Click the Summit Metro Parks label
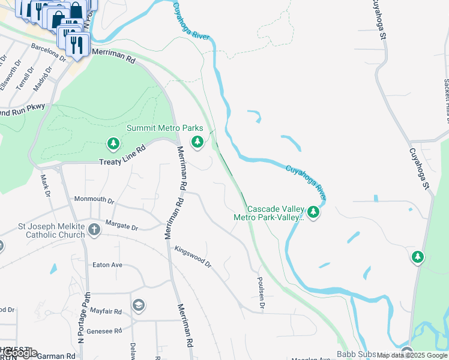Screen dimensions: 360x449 pyautogui.click(x=164, y=128)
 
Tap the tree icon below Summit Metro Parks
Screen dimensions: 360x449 pyautogui.click(x=197, y=142)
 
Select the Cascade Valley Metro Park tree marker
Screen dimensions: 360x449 pyautogui.click(x=313, y=212)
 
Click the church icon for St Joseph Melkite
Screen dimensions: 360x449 pyautogui.click(x=94, y=230)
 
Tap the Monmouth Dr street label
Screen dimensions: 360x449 pyautogui.click(x=94, y=199)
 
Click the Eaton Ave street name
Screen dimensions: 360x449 pyautogui.click(x=107, y=265)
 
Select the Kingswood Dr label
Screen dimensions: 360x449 pyautogui.click(x=193, y=256)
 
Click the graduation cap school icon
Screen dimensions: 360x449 pyautogui.click(x=139, y=305)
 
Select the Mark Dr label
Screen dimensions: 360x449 pyautogui.click(x=44, y=185)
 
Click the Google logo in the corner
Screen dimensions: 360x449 pyautogui.click(x=19, y=353)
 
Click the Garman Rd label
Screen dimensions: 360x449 pyautogui.click(x=56, y=356)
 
